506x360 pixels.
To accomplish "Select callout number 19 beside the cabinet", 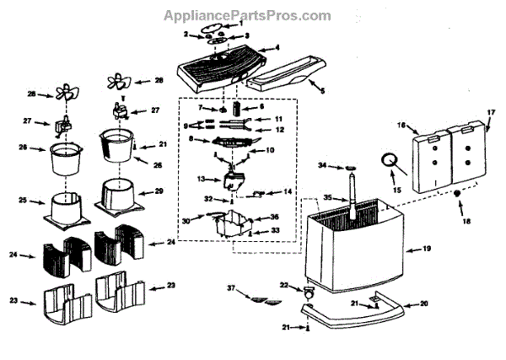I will (427, 250).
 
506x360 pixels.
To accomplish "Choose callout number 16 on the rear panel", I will (401, 126).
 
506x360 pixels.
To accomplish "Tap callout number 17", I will (493, 112).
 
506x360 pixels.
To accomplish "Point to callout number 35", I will (329, 199).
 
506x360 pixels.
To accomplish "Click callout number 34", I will (321, 166).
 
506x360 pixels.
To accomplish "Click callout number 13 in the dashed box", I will (202, 180).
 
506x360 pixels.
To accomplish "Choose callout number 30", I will (198, 220).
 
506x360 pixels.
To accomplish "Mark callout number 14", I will (288, 192).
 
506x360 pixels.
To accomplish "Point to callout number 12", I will (280, 130).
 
